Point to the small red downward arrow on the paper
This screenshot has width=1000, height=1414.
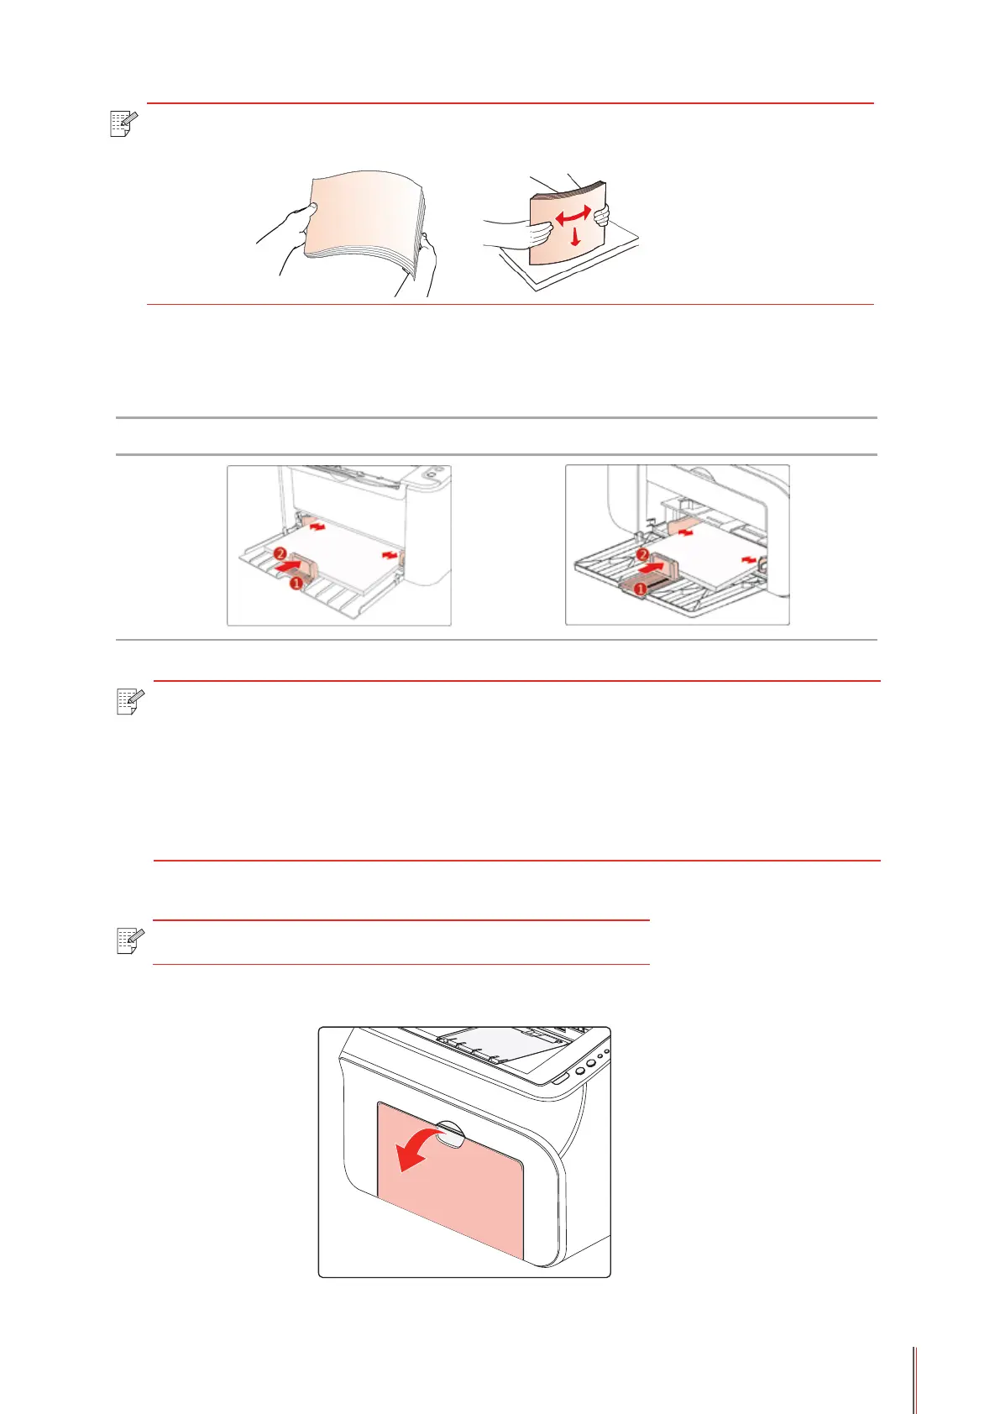click(x=574, y=238)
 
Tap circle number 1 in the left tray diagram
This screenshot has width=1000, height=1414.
click(x=296, y=584)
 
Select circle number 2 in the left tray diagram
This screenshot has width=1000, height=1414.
click(x=280, y=553)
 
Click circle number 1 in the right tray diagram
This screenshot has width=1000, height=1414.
click(x=640, y=589)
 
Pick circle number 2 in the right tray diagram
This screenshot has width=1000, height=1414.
click(x=642, y=555)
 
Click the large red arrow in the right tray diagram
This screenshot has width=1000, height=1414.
click(x=652, y=568)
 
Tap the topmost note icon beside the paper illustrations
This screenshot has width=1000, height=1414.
click(x=123, y=123)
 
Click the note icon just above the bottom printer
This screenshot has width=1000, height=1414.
click(x=131, y=940)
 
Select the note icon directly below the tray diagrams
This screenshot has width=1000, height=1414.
click(x=131, y=701)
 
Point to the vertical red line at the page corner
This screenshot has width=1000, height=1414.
click(x=914, y=1380)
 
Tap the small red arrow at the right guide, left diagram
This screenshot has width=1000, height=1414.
click(x=390, y=555)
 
